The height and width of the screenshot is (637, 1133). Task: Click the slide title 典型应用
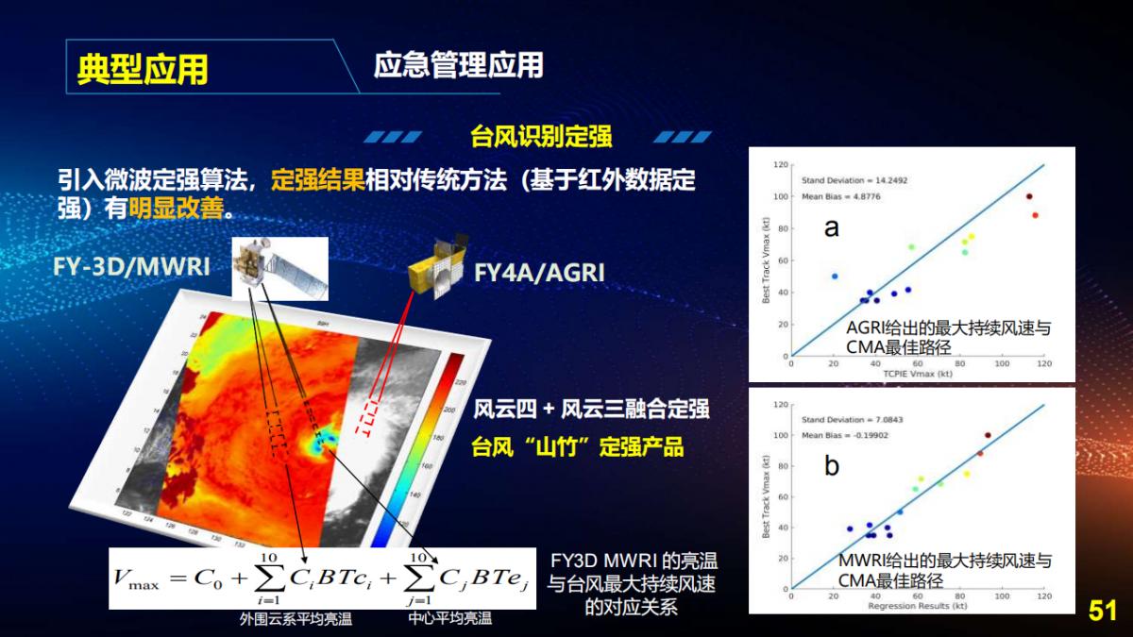tap(143, 69)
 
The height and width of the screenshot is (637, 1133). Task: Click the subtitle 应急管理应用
tap(458, 65)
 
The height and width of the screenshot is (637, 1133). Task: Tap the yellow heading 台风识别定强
tap(541, 137)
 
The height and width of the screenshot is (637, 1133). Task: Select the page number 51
tap(1102, 611)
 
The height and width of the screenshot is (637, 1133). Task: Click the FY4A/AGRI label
tap(539, 273)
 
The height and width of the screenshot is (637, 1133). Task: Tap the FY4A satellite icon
tap(436, 272)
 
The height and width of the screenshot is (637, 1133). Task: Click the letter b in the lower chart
tap(832, 465)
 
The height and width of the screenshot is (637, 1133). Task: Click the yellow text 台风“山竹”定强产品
tap(577, 446)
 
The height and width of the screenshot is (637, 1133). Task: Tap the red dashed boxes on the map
tap(365, 416)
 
